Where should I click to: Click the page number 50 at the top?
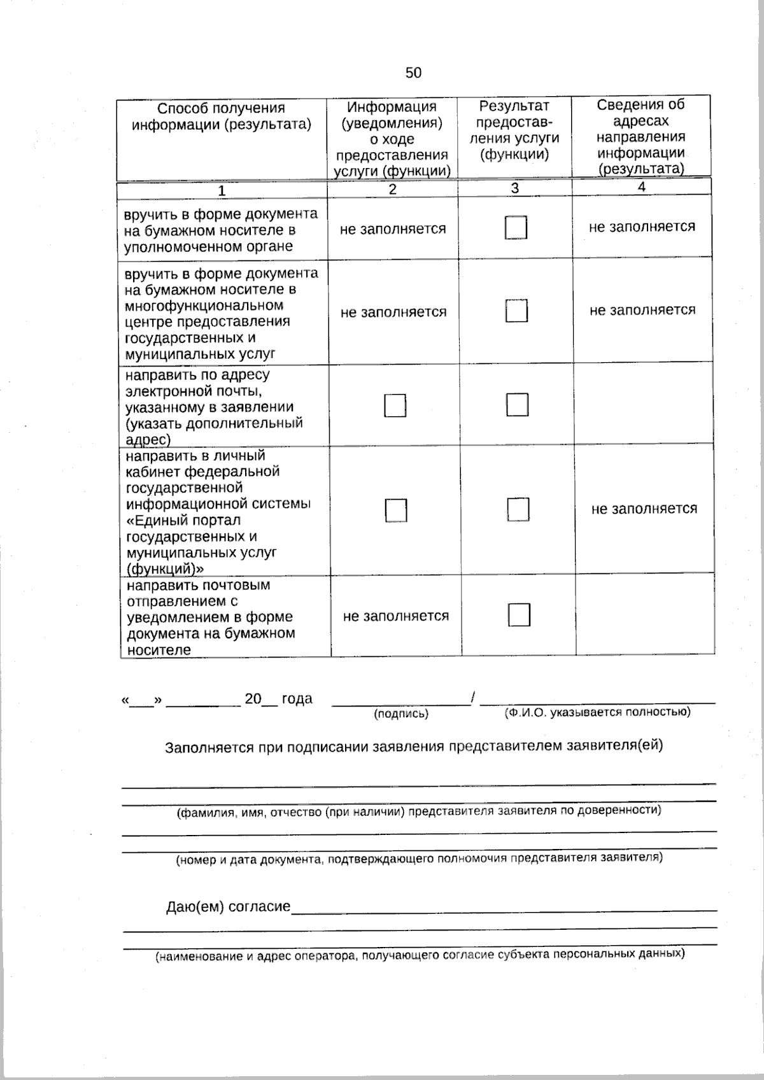(x=413, y=73)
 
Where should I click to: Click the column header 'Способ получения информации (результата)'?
(x=222, y=116)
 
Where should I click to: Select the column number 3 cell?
(x=514, y=188)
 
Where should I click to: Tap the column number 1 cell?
(x=222, y=190)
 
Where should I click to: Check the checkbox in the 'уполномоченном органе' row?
(x=516, y=228)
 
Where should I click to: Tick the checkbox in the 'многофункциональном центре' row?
(x=516, y=311)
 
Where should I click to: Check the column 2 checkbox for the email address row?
(x=395, y=405)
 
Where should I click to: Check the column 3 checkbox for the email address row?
(x=517, y=404)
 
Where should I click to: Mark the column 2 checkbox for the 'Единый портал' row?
(x=395, y=510)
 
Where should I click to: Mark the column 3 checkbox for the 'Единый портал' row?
(x=518, y=509)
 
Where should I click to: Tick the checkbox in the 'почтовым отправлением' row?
(x=519, y=615)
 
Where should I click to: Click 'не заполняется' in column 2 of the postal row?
(x=395, y=616)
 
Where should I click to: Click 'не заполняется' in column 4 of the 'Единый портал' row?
(x=644, y=508)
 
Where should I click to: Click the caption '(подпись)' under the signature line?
(x=401, y=714)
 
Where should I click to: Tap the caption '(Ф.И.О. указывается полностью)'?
(x=597, y=712)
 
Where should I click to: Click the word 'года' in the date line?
(x=297, y=699)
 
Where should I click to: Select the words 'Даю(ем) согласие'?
(x=228, y=906)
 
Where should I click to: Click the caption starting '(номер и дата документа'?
(x=419, y=859)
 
